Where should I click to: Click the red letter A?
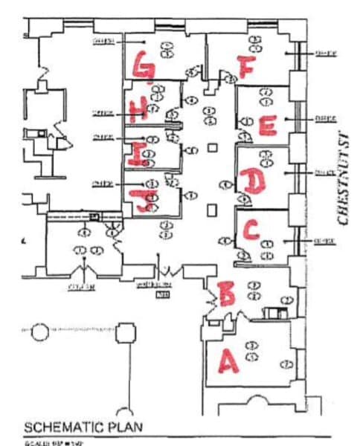click(x=227, y=361)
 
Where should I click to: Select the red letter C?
click(x=252, y=230)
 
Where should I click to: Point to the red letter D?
click(x=253, y=181)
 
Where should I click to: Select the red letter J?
click(x=138, y=198)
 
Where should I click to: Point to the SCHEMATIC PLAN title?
click(x=83, y=428)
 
